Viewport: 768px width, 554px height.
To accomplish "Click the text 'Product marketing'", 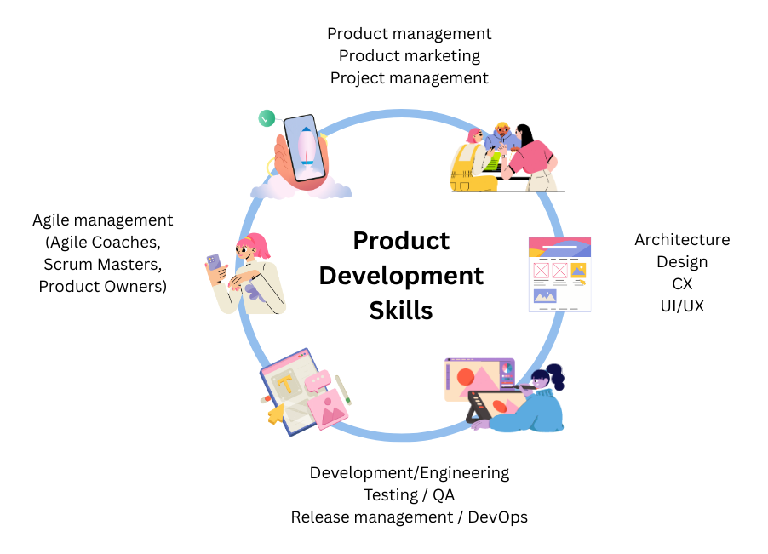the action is [409, 56].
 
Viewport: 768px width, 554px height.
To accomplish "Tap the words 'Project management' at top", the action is [409, 78].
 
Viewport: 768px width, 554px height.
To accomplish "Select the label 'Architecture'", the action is [682, 240].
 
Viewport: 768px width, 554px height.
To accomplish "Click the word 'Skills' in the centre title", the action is [401, 311].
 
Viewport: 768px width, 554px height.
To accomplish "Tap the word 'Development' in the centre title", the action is [401, 276].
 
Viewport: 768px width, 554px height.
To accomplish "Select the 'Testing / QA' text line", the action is [409, 494].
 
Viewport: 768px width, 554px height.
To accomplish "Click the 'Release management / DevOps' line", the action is [409, 517].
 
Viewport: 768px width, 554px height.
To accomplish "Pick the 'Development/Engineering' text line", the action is [409, 472].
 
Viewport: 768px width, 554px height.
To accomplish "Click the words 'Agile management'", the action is [102, 220].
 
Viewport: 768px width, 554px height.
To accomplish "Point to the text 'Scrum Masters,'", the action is [102, 265].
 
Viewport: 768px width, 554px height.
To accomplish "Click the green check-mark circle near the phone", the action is [267, 118].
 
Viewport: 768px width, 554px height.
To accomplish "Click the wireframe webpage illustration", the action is [559, 274].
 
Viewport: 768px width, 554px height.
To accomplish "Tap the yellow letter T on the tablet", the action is [287, 384].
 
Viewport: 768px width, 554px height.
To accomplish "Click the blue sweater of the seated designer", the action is [537, 410].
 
